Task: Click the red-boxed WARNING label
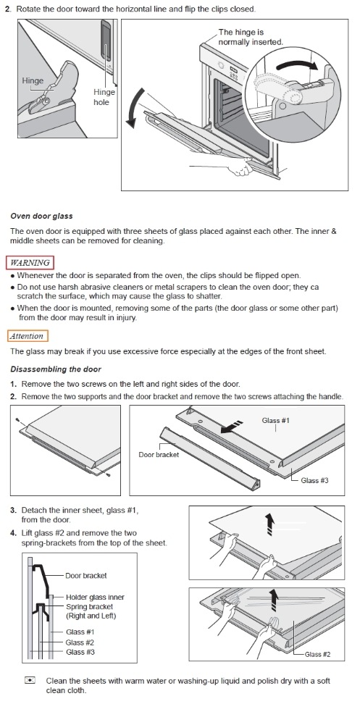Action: coord(30,262)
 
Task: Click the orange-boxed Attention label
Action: coord(28,336)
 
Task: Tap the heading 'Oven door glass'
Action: coord(41,216)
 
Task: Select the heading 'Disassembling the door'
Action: coord(56,369)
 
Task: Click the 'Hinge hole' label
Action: coord(104,97)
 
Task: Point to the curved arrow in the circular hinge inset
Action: coord(297,64)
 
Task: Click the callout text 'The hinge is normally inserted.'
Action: coord(251,37)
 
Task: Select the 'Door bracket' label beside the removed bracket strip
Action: coord(159,454)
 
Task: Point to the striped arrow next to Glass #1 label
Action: coord(233,427)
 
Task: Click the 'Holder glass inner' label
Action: coord(95,597)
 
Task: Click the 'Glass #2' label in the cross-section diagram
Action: coord(80,642)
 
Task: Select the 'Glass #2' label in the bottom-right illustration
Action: coord(317,654)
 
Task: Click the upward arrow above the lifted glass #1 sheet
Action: coord(269,524)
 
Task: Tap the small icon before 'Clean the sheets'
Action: coord(30,680)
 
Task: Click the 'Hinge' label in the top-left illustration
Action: coord(33,81)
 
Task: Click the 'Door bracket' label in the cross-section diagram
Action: coord(86,576)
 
